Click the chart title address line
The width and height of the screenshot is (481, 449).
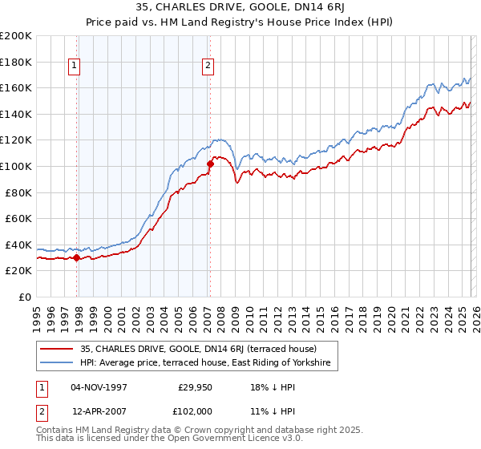(241, 9)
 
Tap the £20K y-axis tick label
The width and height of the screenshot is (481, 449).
(18, 271)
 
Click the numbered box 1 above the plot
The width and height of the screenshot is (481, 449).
(75, 66)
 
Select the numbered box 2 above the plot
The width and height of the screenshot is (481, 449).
(208, 66)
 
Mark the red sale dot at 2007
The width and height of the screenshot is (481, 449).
(210, 164)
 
